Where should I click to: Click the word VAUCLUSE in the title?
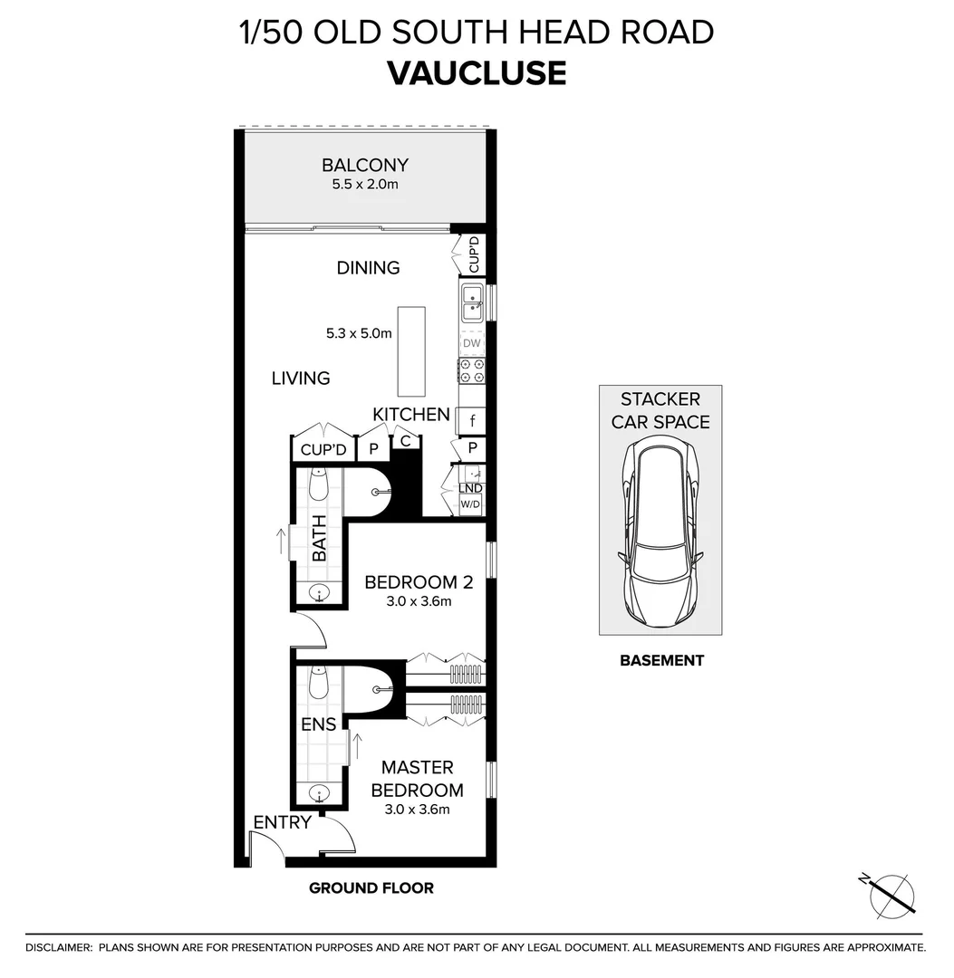(477, 72)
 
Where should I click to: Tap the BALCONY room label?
(365, 166)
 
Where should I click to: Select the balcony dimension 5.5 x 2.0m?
(365, 184)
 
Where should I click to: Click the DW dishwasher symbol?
(472, 344)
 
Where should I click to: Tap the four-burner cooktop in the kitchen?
(472, 370)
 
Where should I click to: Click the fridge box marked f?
(472, 420)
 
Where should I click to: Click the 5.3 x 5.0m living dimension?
(359, 333)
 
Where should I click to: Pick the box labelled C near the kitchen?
(406, 442)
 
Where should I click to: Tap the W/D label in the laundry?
(471, 504)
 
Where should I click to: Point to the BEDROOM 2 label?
(407, 581)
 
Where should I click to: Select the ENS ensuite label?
(319, 724)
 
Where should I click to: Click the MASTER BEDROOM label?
(417, 779)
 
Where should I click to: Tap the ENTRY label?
(282, 822)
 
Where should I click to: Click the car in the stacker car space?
(660, 531)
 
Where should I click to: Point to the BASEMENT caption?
(661, 661)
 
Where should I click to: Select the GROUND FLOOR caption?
(371, 888)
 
